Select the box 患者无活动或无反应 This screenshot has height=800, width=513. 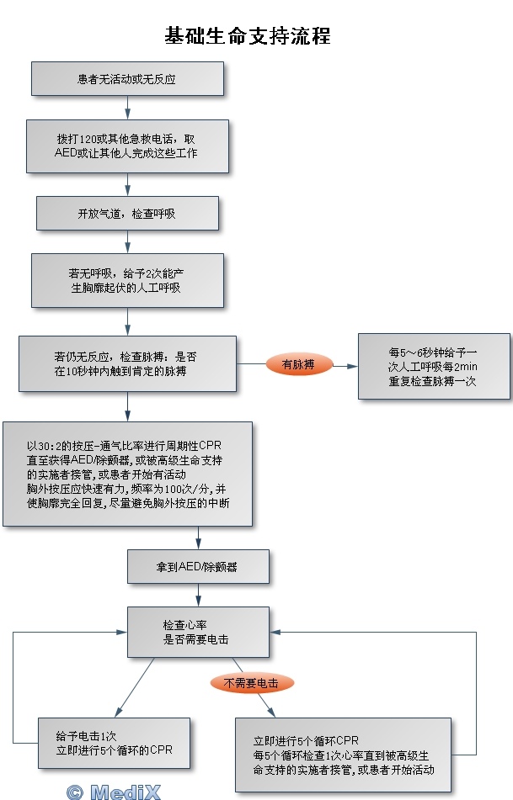pos(127,78)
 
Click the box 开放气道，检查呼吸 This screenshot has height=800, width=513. pos(127,213)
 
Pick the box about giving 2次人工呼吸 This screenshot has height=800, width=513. pos(127,280)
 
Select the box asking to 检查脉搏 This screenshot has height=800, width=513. pos(127,363)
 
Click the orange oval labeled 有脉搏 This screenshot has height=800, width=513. pos(299,363)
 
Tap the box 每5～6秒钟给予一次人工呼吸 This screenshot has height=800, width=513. pos(434,366)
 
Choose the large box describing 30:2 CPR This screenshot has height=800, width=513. pos(127,474)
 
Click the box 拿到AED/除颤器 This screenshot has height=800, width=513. pos(198,566)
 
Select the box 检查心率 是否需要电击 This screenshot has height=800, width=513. pos(198,633)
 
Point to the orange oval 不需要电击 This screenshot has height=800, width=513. pos(252,682)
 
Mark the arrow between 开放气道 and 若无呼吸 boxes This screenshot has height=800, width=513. pos(127,242)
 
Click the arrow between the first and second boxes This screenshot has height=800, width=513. pos(127,108)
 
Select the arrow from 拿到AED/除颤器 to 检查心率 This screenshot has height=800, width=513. pos(198,596)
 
